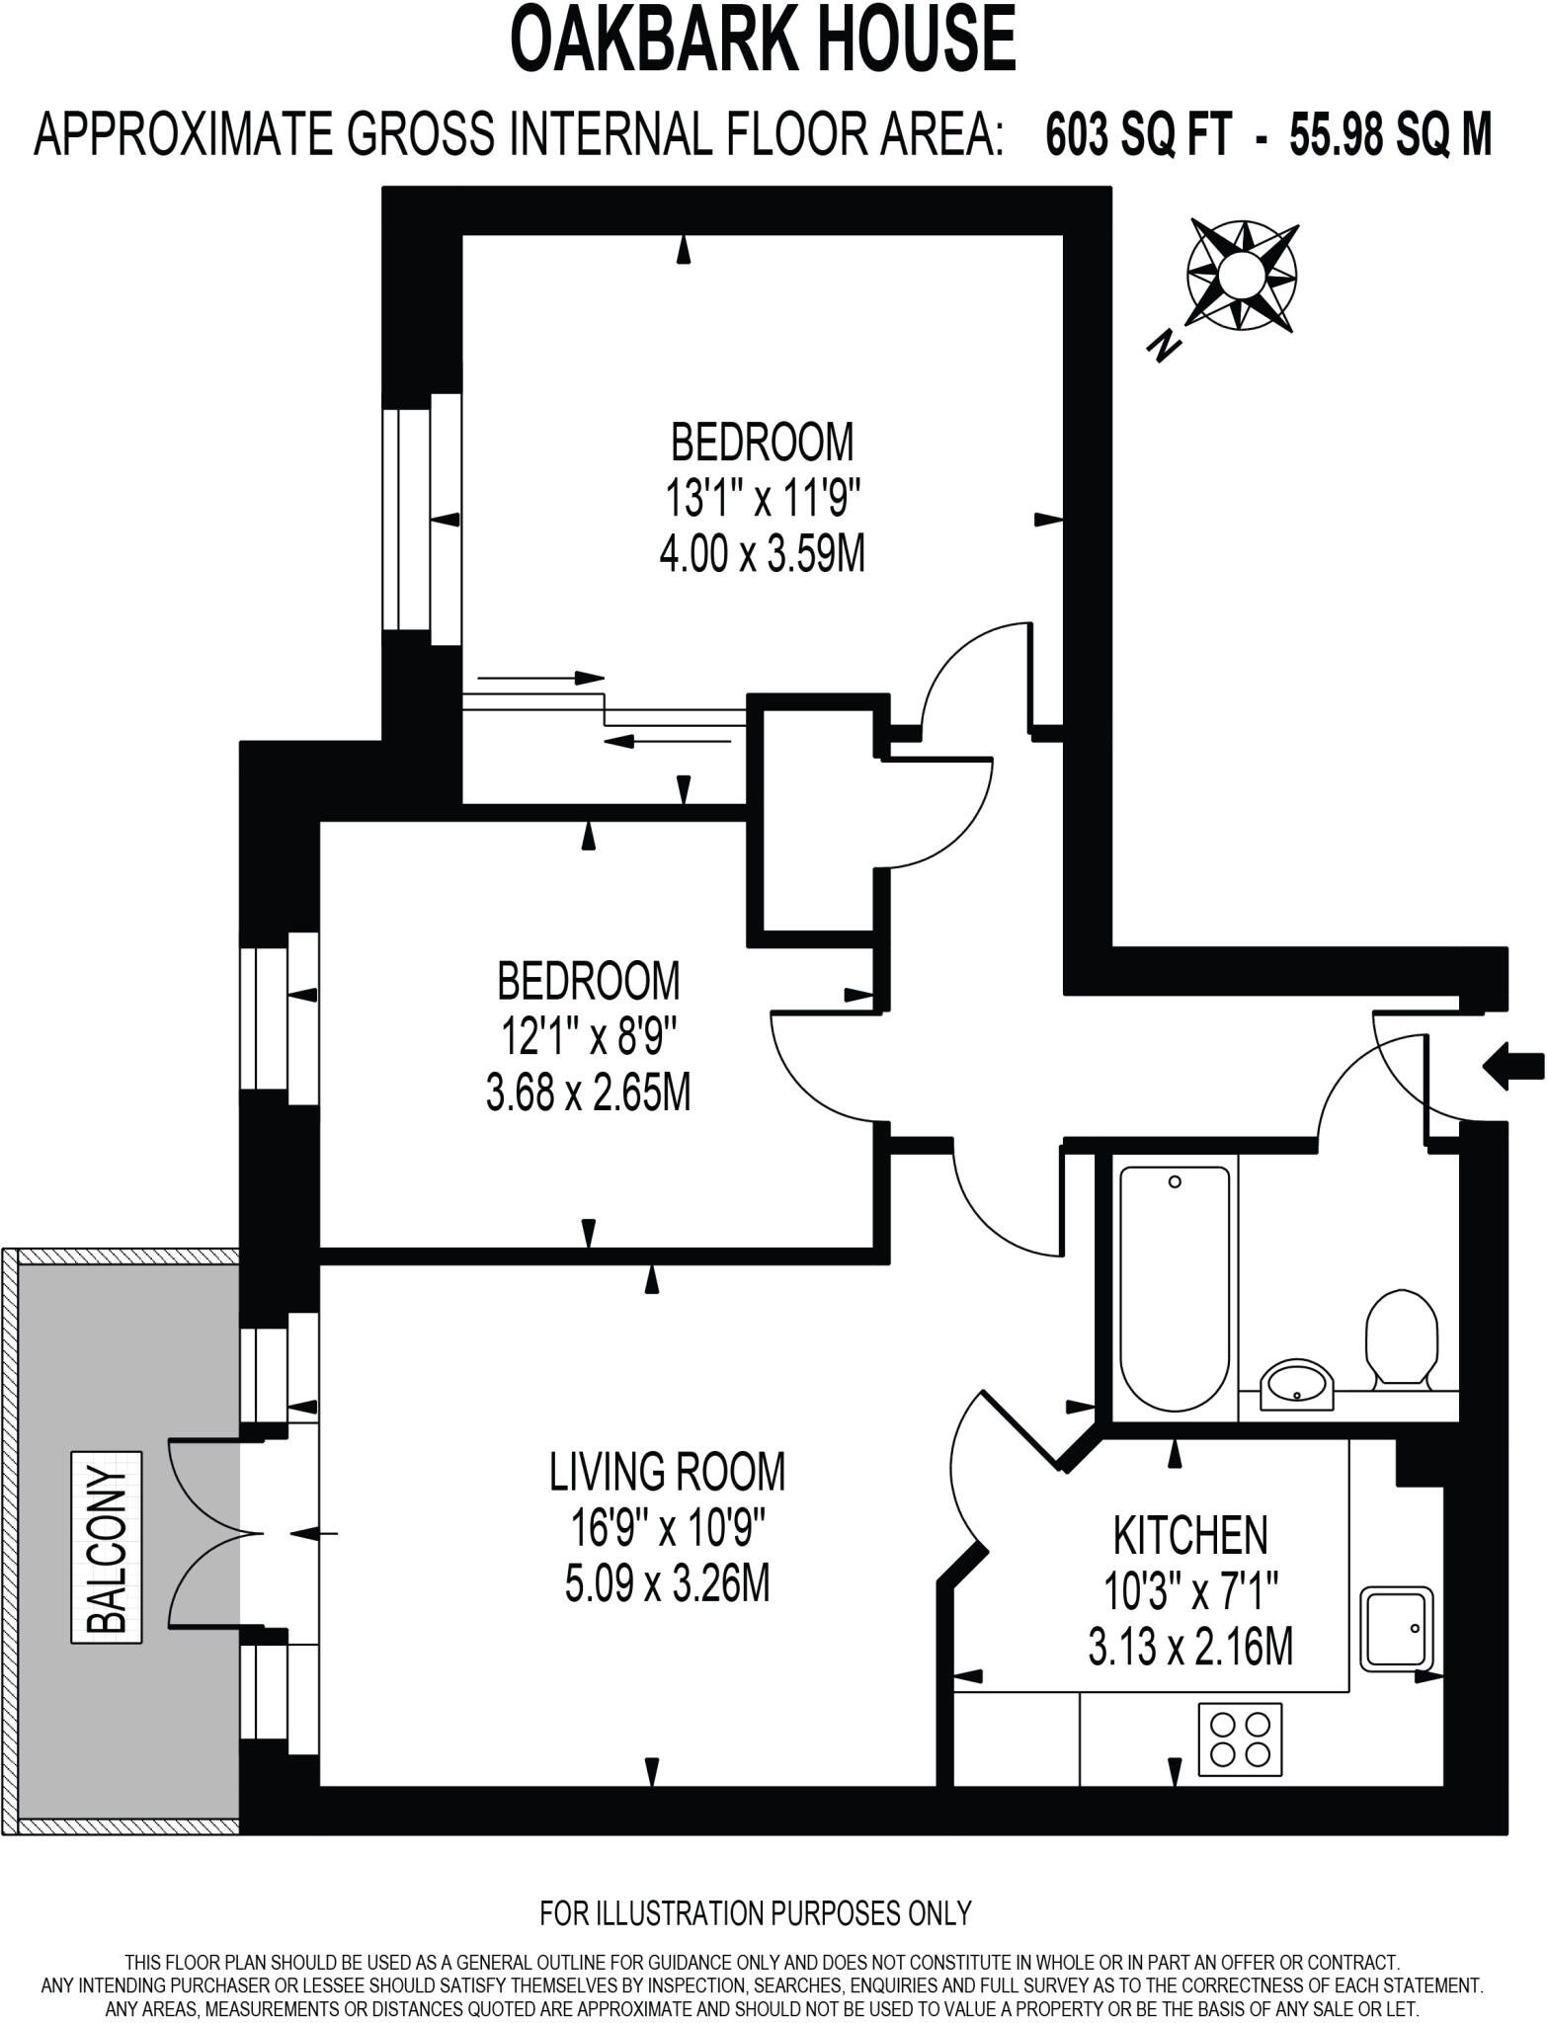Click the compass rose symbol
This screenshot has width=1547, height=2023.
(1242, 273)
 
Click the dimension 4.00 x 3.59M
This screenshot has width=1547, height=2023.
(762, 555)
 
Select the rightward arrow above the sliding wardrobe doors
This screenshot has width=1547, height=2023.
(541, 678)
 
